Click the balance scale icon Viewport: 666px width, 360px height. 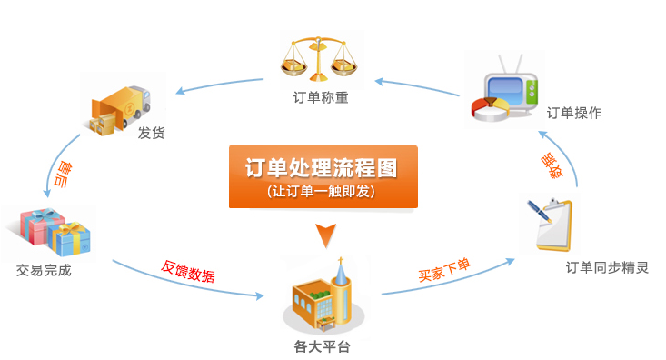[x=319, y=60]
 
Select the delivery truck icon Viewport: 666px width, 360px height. [x=119, y=106]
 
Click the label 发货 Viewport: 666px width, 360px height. [x=151, y=134]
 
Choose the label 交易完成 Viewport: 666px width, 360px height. [x=44, y=270]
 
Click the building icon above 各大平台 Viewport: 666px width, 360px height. [x=322, y=296]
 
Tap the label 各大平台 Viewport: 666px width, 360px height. [x=322, y=346]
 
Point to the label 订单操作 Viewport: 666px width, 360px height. [x=573, y=113]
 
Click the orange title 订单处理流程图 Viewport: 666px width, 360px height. [x=322, y=168]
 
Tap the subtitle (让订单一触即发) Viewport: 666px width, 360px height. [x=322, y=192]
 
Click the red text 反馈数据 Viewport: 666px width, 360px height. [x=188, y=270]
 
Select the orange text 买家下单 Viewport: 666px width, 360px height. [x=444, y=269]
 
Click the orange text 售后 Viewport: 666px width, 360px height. [x=64, y=174]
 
